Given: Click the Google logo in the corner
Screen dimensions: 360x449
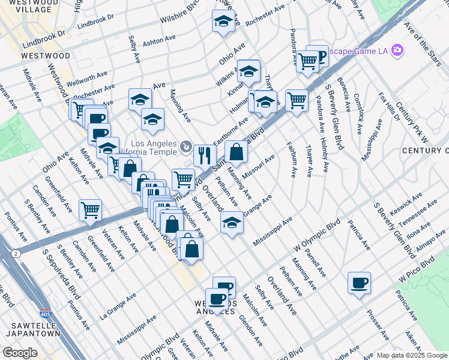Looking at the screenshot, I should tap(20, 353).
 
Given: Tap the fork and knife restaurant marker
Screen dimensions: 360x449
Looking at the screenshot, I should tap(205, 156).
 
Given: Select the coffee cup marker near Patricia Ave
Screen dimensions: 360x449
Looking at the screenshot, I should tap(359, 283).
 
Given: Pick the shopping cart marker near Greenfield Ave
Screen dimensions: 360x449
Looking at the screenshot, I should tap(90, 211).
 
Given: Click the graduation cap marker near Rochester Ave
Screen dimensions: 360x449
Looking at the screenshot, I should tap(223, 22).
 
